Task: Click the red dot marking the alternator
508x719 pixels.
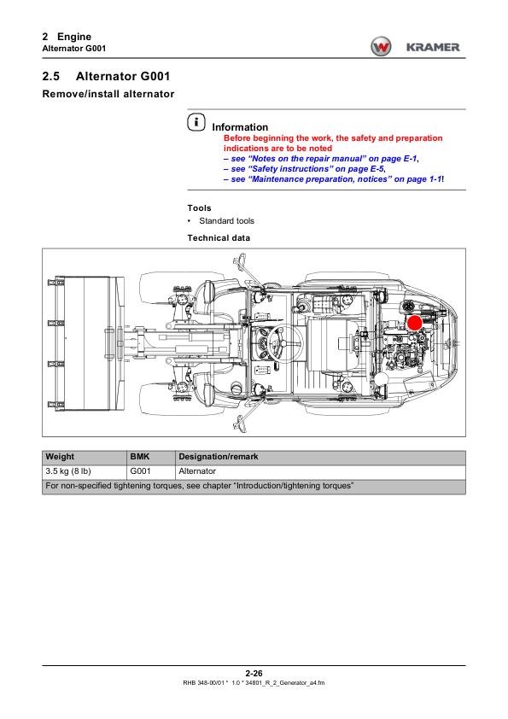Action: (x=414, y=323)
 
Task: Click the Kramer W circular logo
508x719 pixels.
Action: (x=381, y=47)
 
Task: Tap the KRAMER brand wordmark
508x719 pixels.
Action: (x=433, y=47)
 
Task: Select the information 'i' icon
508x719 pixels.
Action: (x=196, y=122)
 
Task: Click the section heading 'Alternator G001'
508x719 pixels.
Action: (x=123, y=76)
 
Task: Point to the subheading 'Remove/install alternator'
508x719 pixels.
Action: (x=108, y=94)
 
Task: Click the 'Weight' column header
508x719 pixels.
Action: (x=60, y=457)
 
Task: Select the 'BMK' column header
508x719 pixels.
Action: (x=140, y=457)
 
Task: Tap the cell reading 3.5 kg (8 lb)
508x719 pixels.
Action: (x=68, y=471)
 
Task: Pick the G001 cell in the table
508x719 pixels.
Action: (x=140, y=471)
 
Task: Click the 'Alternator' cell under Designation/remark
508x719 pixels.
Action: (x=197, y=471)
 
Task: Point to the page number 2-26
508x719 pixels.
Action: (x=254, y=673)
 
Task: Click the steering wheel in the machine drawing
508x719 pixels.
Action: (x=284, y=343)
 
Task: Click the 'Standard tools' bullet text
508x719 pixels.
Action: (x=226, y=221)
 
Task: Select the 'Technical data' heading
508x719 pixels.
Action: (x=219, y=238)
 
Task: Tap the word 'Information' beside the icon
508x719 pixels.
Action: (x=240, y=127)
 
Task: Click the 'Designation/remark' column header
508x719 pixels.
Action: (x=219, y=457)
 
